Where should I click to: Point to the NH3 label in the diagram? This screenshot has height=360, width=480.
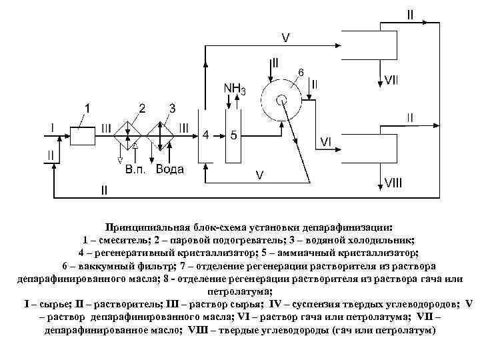(x=234, y=89)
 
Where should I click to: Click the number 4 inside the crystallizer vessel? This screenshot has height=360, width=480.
(x=206, y=135)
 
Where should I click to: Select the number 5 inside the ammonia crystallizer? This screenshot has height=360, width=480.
(x=233, y=135)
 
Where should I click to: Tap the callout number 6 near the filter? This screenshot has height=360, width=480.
(x=301, y=71)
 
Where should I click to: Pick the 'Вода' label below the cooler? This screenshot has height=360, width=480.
(x=170, y=169)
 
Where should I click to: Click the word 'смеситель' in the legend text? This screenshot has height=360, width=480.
(x=123, y=240)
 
